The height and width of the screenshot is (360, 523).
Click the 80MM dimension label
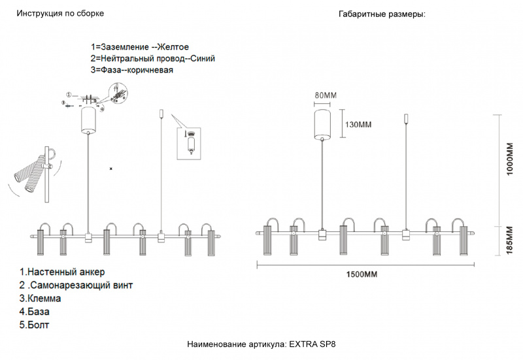click(x=326, y=95)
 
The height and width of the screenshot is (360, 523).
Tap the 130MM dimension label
click(x=358, y=125)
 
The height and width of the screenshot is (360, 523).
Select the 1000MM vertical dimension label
click(x=510, y=159)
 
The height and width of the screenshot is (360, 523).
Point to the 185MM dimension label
click(x=510, y=240)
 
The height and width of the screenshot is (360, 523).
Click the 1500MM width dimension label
click(x=362, y=274)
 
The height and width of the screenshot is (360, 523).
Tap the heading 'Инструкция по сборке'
click(x=60, y=13)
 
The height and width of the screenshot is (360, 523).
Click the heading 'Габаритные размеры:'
click(x=382, y=14)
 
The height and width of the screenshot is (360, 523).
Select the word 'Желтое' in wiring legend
click(x=173, y=47)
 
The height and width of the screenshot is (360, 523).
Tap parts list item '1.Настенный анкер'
click(x=62, y=272)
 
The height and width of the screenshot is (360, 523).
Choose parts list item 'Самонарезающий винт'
click(x=82, y=286)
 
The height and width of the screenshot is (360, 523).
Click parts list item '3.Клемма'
click(x=40, y=299)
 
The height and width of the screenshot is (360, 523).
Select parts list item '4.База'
click(x=35, y=312)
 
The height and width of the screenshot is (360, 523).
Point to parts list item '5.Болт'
click(x=34, y=325)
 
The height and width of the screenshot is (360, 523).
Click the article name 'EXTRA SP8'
click(x=312, y=344)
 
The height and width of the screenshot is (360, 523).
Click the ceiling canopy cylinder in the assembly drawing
click(x=88, y=120)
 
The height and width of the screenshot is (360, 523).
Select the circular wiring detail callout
click(x=118, y=92)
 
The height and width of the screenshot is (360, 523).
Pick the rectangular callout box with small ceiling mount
click(x=189, y=144)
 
